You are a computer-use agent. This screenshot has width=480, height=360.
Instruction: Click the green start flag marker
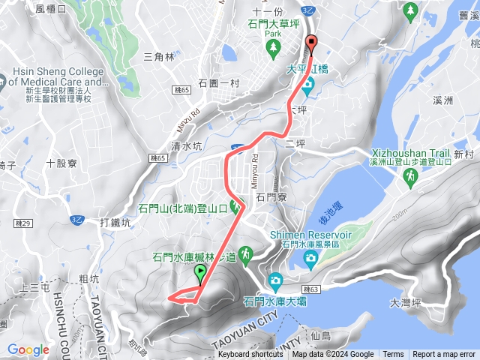[200, 273]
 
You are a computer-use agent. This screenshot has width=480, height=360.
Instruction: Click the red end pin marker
[312, 43]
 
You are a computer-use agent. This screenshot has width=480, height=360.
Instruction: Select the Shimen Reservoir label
[304, 233]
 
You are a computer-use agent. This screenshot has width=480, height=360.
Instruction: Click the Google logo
[28, 349]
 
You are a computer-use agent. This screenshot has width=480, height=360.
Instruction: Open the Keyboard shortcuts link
[250, 355]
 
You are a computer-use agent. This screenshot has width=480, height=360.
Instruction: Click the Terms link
[393, 355]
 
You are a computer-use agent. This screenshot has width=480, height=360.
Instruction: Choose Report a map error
[444, 355]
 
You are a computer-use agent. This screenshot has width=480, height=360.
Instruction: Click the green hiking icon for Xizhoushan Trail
[410, 176]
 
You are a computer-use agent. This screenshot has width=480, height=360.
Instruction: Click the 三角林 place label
[158, 56]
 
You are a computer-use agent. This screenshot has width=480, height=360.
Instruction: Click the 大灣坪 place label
[407, 304]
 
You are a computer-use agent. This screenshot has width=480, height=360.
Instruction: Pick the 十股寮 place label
[61, 163]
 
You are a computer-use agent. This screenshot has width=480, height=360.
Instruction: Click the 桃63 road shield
[311, 289]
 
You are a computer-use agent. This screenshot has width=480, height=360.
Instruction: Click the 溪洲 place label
[443, 100]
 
